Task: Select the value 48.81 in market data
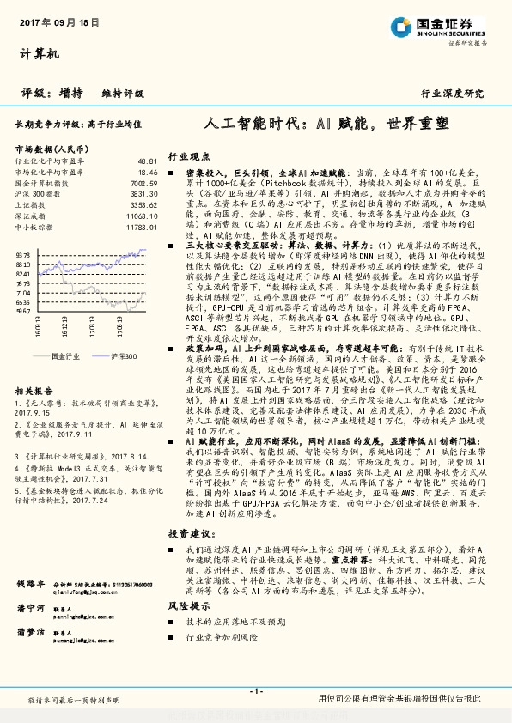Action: point(148,161)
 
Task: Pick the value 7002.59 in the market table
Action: point(144,183)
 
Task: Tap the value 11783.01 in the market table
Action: point(142,228)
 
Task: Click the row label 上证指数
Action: point(32,205)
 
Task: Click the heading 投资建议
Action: point(188,533)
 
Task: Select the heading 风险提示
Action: point(188,605)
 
